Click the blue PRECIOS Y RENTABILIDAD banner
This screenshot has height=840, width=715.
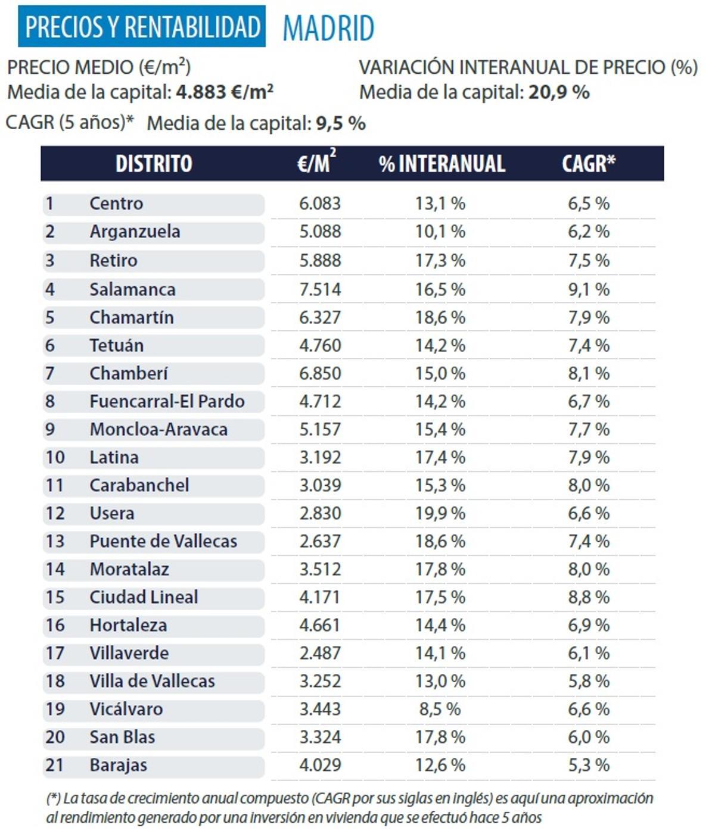click(x=142, y=27)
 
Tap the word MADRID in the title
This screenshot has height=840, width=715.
click(x=328, y=28)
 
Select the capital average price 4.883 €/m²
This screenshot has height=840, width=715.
click(x=225, y=92)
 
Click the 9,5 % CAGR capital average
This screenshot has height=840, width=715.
click(x=340, y=123)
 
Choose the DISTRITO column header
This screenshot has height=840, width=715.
click(x=154, y=164)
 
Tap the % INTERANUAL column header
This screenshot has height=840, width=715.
click(x=442, y=164)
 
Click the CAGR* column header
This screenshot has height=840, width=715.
click(x=589, y=164)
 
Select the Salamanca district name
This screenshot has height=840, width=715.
click(x=132, y=289)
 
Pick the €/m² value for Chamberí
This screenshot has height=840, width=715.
click(x=320, y=373)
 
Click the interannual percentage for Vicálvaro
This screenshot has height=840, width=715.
click(x=440, y=709)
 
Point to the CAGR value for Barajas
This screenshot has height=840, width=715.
click(x=589, y=765)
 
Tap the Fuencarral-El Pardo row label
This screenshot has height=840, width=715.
click(x=167, y=401)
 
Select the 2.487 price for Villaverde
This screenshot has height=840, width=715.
click(x=320, y=653)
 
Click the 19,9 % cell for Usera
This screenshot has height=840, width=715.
click(x=440, y=513)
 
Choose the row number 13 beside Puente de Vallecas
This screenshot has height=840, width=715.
click(x=55, y=541)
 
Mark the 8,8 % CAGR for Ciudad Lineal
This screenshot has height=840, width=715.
click(x=589, y=597)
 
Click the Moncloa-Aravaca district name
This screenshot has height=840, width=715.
click(x=158, y=429)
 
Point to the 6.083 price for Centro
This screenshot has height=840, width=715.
click(x=320, y=204)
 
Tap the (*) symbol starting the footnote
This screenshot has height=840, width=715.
click(x=53, y=798)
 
